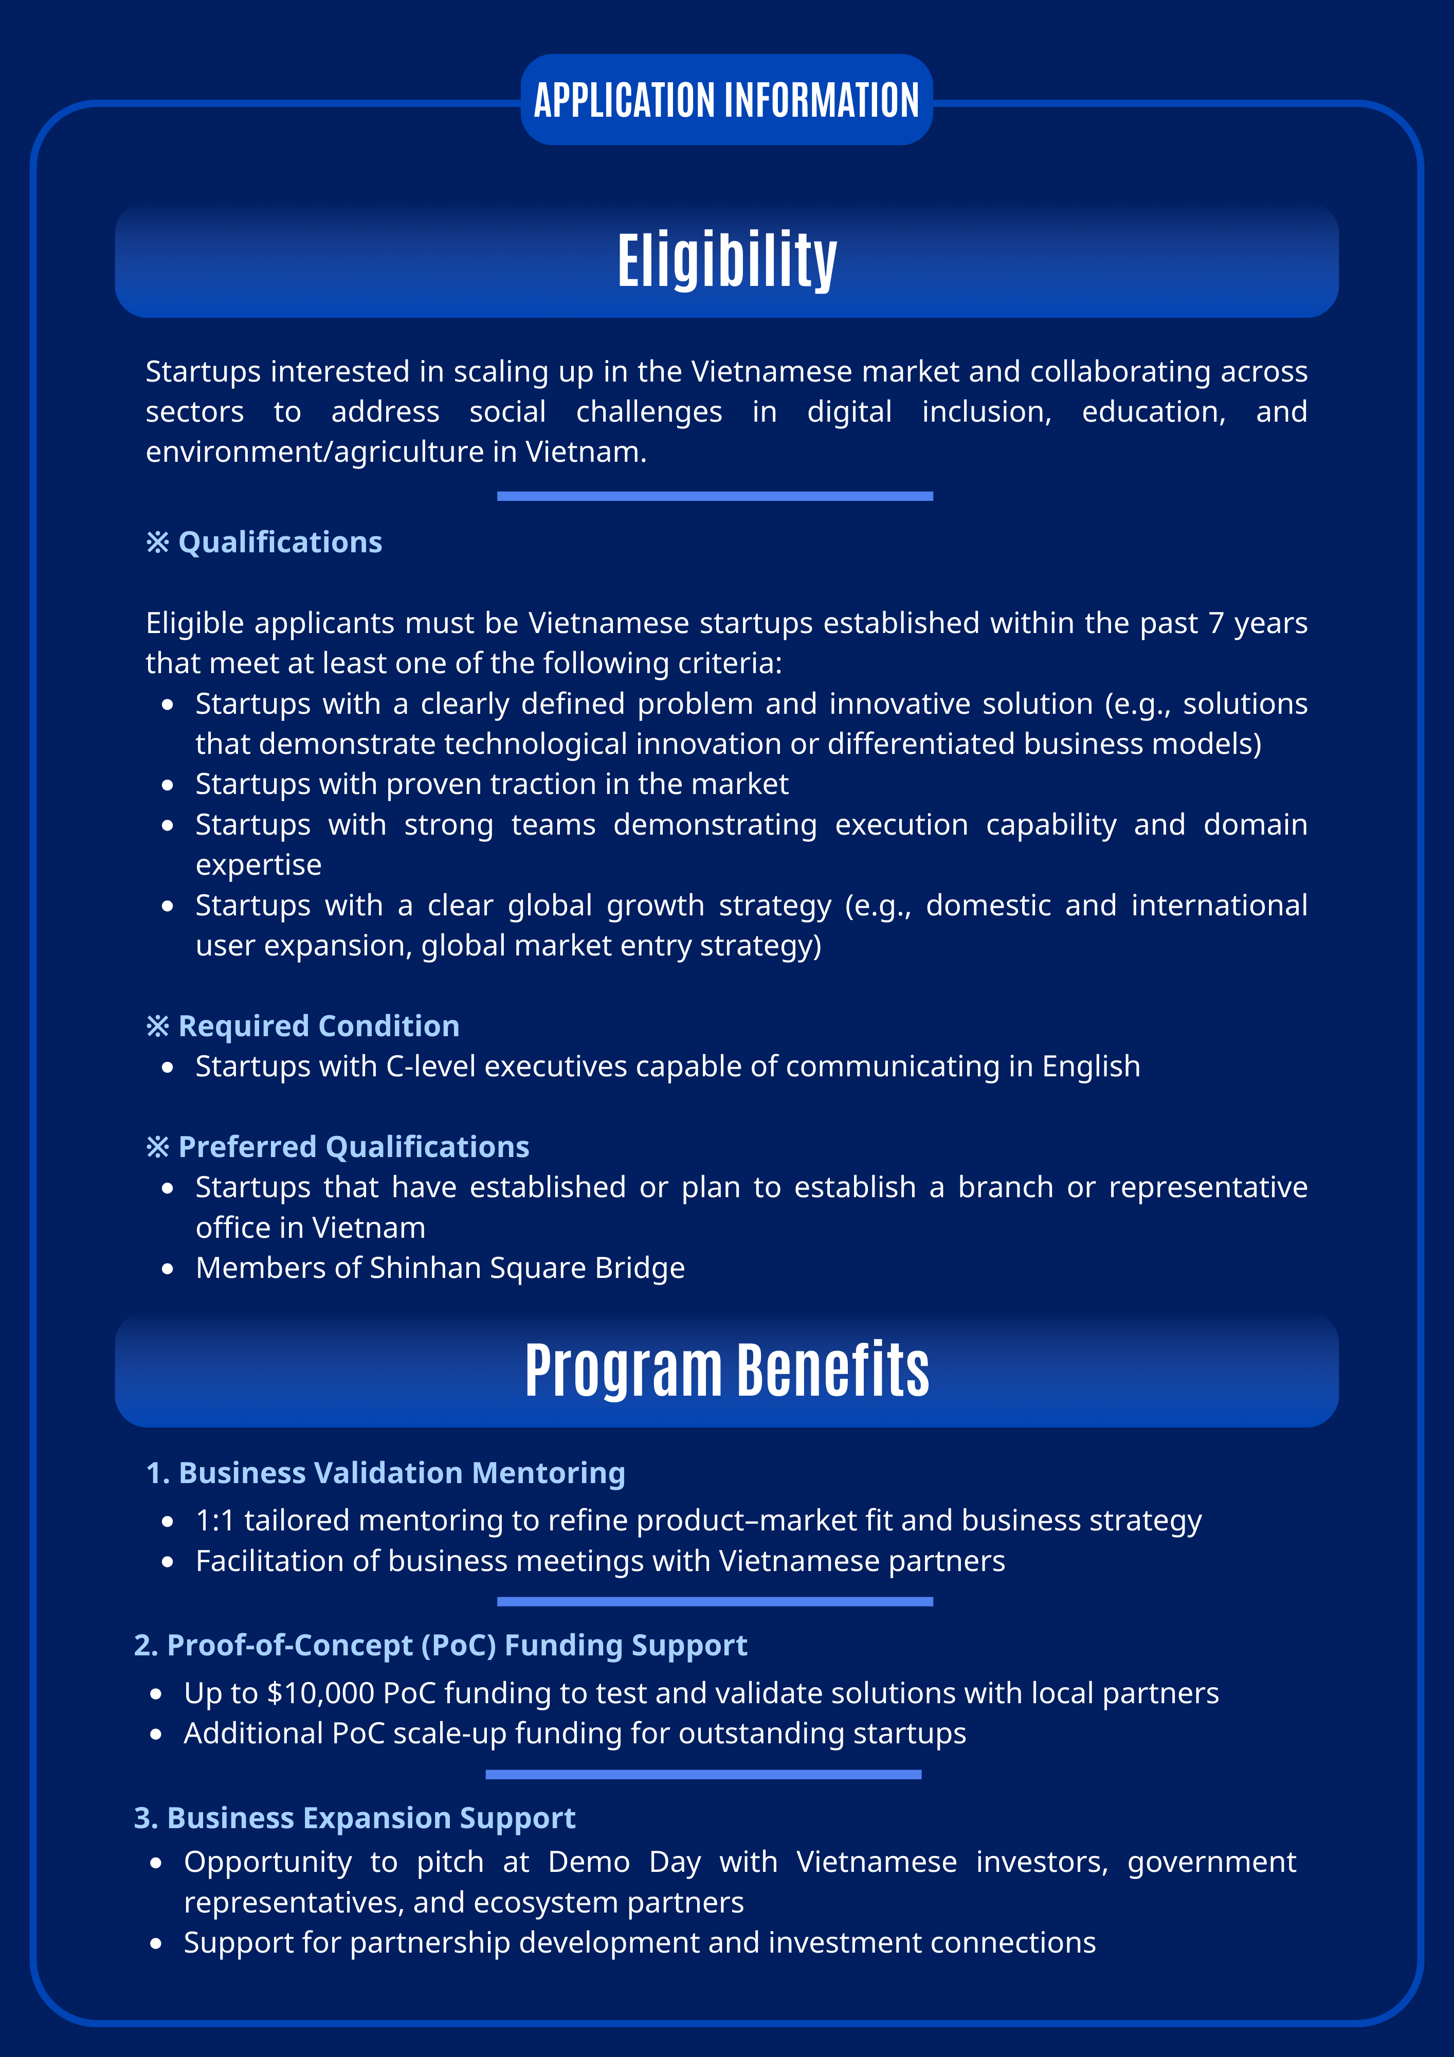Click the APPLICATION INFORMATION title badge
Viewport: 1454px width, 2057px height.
(726, 99)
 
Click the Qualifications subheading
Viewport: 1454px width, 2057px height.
(280, 542)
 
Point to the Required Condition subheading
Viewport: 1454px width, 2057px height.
(318, 1026)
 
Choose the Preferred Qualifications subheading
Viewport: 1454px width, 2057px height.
(353, 1147)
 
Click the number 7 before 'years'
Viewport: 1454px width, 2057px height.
(1216, 623)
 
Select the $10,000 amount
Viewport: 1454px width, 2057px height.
(321, 1693)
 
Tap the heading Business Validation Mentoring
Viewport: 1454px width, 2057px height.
(402, 1473)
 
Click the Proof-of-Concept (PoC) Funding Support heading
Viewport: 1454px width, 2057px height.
(457, 1645)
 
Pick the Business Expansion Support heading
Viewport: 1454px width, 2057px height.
(371, 1818)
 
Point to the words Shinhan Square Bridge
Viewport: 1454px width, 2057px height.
(527, 1268)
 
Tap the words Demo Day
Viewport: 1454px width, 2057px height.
(624, 1862)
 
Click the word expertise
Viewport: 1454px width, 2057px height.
(258, 864)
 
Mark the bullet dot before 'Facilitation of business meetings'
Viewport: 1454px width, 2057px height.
(168, 1562)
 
